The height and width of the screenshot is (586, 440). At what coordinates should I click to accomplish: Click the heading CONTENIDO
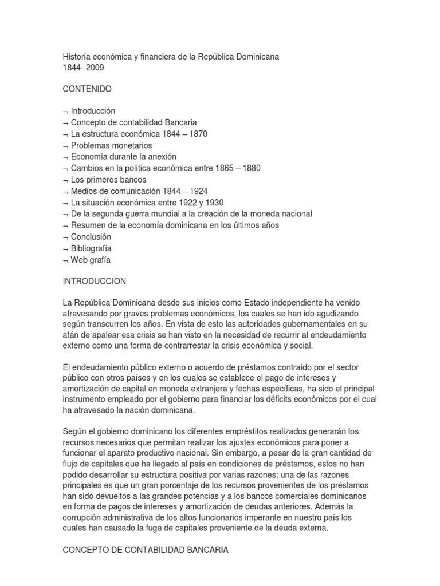click(x=87, y=89)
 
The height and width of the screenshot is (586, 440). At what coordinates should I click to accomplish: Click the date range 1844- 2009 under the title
click(x=84, y=68)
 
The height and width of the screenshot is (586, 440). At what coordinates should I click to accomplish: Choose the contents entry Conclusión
click(x=91, y=237)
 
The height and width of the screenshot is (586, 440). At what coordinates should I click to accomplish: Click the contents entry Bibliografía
click(x=91, y=248)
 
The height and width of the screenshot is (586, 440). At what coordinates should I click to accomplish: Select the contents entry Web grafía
click(x=91, y=260)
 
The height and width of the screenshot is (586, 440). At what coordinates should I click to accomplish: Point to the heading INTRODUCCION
click(x=95, y=282)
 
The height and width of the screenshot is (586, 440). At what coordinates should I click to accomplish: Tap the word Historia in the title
click(x=77, y=57)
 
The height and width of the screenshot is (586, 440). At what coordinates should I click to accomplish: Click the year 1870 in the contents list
click(x=198, y=134)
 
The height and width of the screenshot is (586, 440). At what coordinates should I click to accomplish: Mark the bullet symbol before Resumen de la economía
click(x=65, y=226)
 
